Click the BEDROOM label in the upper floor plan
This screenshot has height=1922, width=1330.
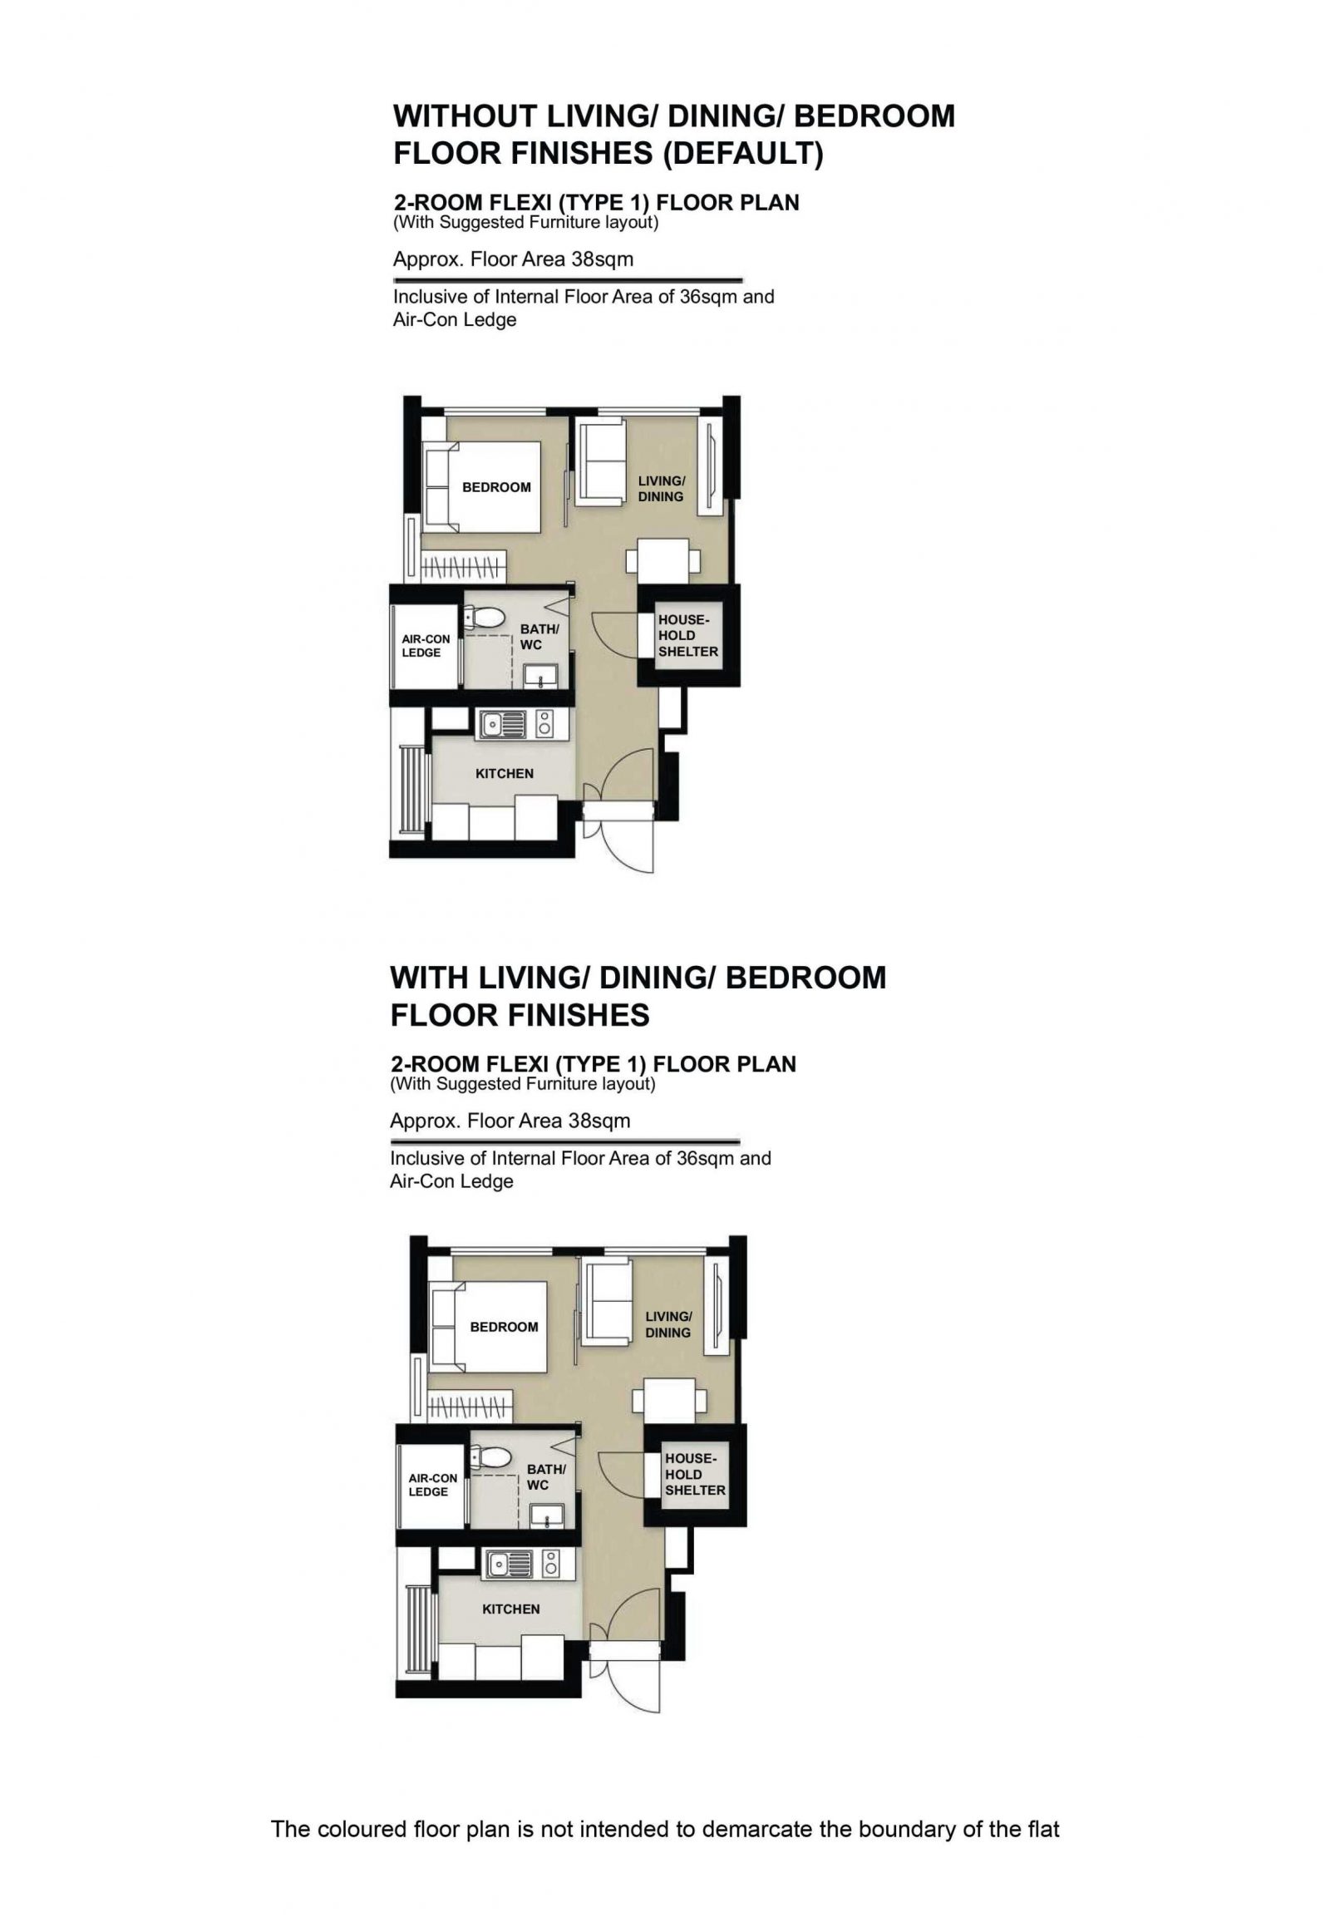click(495, 488)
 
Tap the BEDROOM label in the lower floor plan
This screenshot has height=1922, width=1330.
click(504, 1327)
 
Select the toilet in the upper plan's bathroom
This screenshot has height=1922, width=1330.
click(485, 618)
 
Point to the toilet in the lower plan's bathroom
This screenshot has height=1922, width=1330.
click(491, 1458)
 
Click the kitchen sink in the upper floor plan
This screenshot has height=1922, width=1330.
click(502, 723)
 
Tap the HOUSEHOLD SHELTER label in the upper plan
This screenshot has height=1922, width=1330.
click(687, 636)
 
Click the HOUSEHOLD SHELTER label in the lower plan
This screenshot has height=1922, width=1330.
click(694, 1475)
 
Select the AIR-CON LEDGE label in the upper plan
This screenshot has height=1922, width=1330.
click(426, 646)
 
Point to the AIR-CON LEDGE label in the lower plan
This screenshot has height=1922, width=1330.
click(432, 1485)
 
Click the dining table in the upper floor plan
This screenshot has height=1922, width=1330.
click(663, 560)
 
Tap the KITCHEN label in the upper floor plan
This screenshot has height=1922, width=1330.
click(505, 773)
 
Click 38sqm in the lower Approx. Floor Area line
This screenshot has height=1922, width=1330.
click(598, 1120)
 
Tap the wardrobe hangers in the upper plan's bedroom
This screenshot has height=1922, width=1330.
click(462, 569)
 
